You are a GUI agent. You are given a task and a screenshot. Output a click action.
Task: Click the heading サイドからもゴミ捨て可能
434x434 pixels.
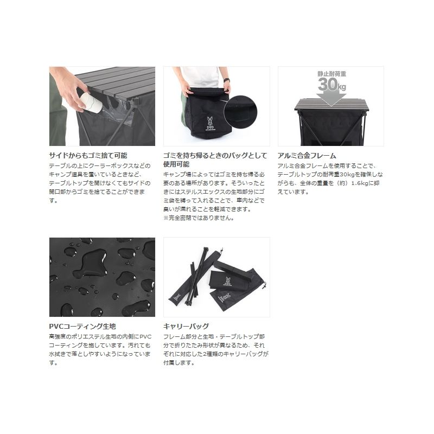point(88,156)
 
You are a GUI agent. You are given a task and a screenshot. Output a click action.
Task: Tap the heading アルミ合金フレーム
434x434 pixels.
point(307,156)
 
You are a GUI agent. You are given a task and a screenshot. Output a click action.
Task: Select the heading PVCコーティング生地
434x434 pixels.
point(82,327)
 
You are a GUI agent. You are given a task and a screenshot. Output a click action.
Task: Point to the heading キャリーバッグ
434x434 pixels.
point(186,327)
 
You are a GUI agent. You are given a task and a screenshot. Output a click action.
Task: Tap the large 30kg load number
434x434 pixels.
point(332,85)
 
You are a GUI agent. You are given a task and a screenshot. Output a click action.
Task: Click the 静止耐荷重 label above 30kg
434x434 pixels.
point(331,74)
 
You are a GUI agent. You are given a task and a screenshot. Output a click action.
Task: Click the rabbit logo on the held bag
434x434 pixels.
point(210,122)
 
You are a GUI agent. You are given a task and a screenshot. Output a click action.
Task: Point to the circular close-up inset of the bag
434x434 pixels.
point(240,112)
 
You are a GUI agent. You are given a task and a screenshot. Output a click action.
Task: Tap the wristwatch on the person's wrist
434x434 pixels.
point(227,80)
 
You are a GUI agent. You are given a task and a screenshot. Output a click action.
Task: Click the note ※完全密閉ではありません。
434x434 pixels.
point(199,218)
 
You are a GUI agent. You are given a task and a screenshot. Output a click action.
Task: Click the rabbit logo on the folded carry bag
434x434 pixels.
point(228,280)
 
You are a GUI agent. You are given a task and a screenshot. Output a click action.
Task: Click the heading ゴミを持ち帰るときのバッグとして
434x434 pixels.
point(215,156)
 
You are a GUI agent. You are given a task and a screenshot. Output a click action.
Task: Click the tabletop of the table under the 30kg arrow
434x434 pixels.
point(331,104)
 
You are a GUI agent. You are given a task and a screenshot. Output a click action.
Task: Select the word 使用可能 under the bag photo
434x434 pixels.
point(176,164)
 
